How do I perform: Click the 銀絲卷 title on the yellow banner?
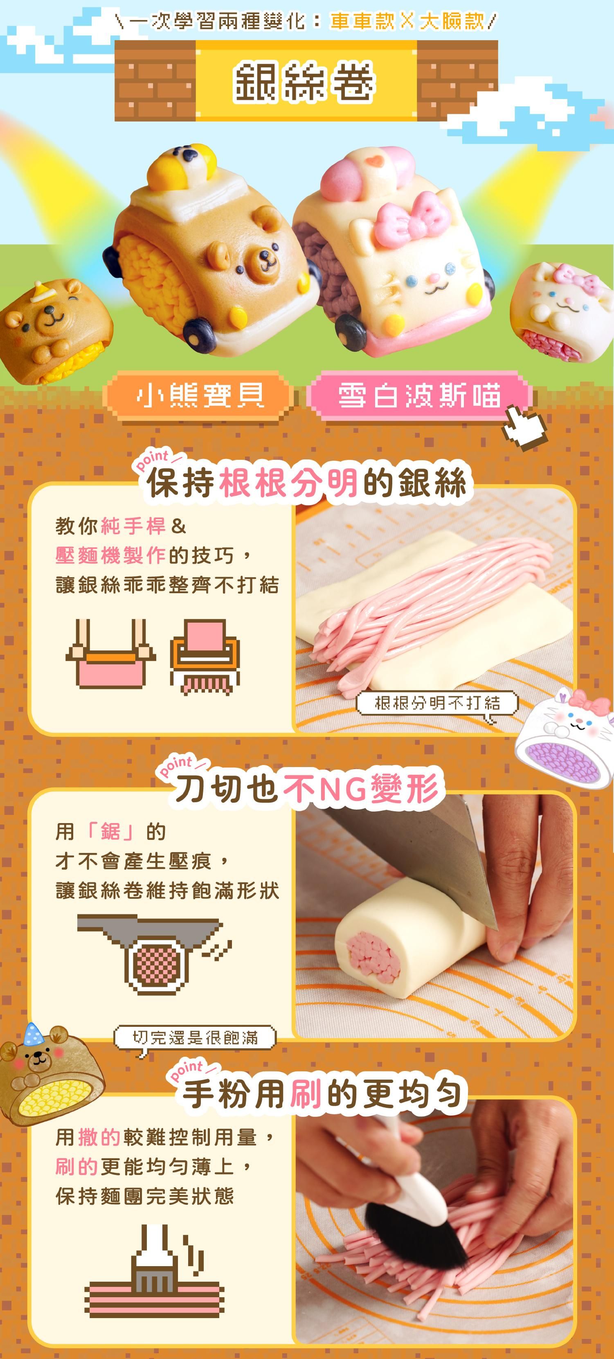(304, 82)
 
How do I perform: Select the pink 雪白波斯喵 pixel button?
(419, 396)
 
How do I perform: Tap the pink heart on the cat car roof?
(373, 162)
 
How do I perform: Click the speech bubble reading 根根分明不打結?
(437, 703)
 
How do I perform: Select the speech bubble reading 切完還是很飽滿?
(195, 1038)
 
